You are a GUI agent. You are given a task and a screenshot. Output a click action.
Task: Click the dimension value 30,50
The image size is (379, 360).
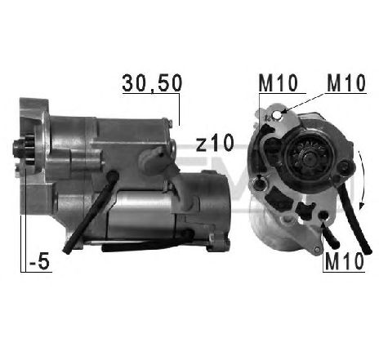coord(151,83)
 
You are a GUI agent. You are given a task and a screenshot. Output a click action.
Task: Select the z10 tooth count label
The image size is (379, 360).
coord(215,144)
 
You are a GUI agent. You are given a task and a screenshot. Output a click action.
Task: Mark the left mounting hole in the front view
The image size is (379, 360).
coord(259,181)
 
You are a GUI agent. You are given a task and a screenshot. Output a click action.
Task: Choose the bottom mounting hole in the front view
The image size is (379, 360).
coord(326,216)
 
